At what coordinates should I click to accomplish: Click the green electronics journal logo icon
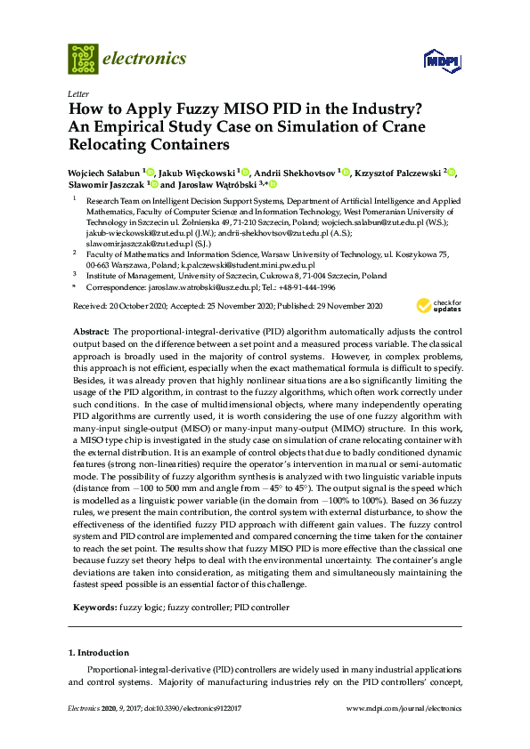click(83, 59)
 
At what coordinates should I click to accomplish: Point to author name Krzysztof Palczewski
click(397, 172)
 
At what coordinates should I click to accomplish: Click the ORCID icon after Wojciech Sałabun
click(151, 171)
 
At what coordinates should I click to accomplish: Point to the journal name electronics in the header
click(146, 59)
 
